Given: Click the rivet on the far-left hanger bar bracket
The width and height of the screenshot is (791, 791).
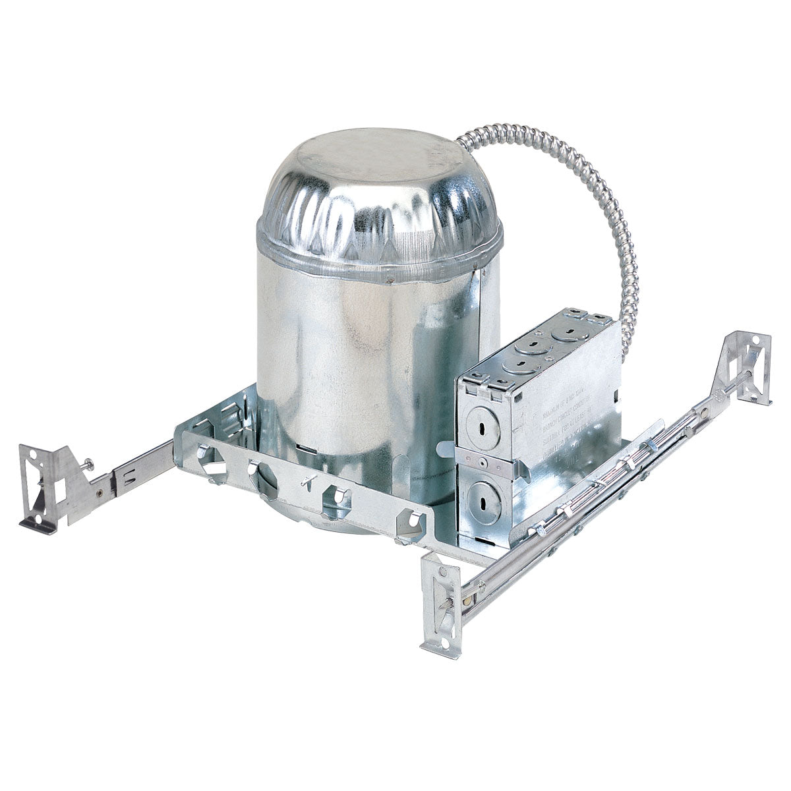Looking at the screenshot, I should tap(98, 491).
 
